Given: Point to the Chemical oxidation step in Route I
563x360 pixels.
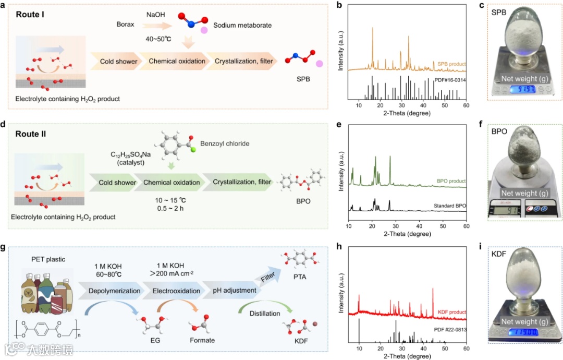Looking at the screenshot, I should (x=177, y=62).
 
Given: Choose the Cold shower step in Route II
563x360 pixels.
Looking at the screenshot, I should (x=117, y=182).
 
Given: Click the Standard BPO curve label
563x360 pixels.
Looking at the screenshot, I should (x=449, y=206).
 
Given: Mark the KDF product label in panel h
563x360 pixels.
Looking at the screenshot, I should (x=449, y=312).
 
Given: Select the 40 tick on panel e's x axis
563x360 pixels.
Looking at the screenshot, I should (x=419, y=226).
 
